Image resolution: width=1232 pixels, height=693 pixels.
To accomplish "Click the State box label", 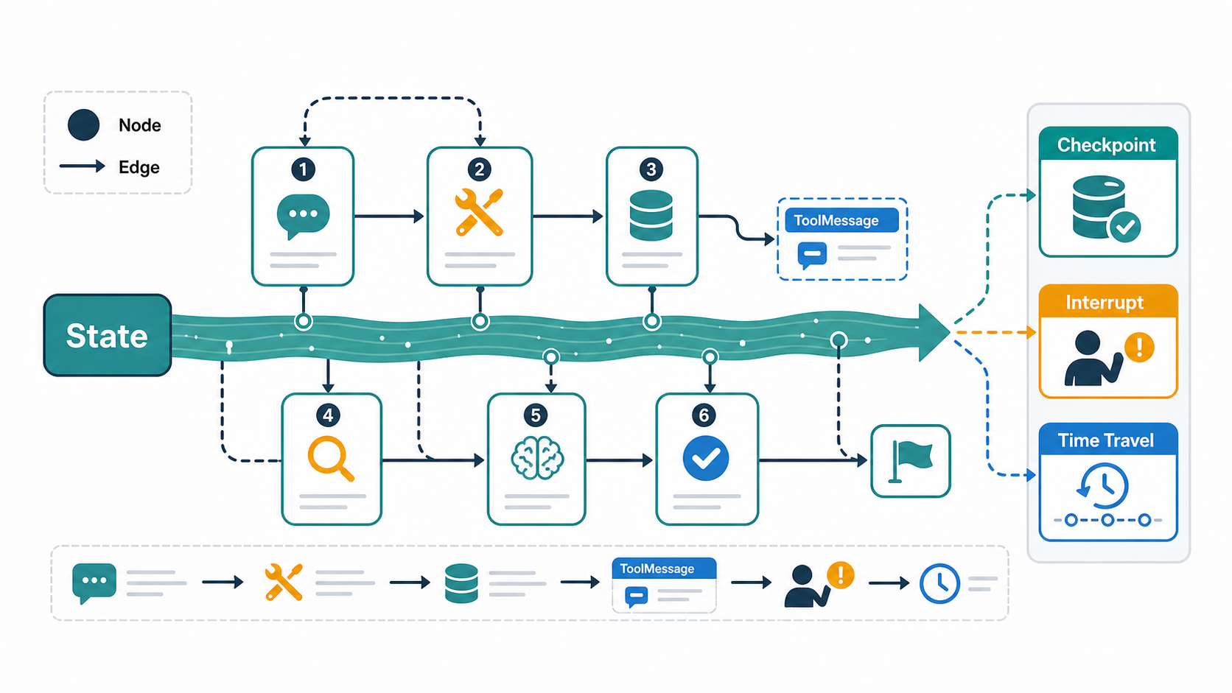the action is tap(107, 336).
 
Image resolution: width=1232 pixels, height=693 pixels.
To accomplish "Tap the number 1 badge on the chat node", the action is tap(303, 169).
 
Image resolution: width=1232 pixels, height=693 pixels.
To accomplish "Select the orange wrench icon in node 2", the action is tap(479, 213).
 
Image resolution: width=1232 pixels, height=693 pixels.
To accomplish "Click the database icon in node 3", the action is tap(651, 216).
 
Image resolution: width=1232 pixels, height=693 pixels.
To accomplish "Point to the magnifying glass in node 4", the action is tap(330, 458).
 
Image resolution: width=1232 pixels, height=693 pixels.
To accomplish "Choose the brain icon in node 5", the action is tap(537, 458).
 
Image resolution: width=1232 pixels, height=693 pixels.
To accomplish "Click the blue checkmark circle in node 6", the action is tap(706, 458).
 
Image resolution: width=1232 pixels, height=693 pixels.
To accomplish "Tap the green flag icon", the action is tap(911, 462).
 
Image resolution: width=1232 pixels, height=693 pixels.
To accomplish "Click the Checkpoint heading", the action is tap(1106, 145).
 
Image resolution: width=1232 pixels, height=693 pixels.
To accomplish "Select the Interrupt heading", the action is tap(1105, 302).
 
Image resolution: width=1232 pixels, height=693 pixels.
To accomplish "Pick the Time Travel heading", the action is tap(1105, 440).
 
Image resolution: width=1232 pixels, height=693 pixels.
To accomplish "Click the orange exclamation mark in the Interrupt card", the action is tap(1139, 347).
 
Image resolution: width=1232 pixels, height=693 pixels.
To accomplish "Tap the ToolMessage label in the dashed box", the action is tap(836, 220).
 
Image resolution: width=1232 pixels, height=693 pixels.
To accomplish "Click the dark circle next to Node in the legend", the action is tap(83, 124).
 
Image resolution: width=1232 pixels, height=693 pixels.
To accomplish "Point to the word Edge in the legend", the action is tap(139, 167).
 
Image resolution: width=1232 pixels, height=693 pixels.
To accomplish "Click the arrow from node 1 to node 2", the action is tap(389, 217).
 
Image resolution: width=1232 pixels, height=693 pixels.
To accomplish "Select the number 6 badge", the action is tap(704, 415).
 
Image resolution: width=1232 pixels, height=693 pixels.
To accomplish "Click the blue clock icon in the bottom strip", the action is tap(939, 583).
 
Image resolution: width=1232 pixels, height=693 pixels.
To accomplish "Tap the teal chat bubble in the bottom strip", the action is tap(94, 583).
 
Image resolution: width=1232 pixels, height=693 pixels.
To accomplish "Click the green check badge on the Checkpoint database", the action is tap(1124, 226).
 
